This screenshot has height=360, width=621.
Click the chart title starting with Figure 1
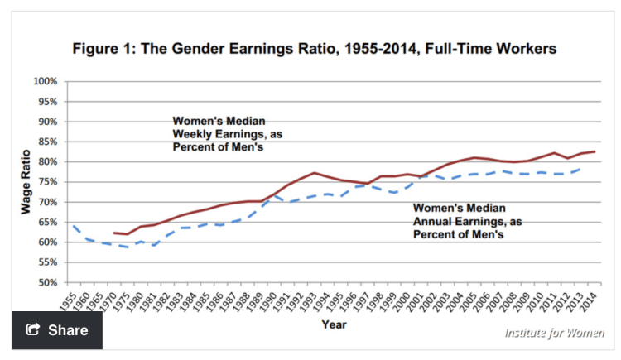(314, 49)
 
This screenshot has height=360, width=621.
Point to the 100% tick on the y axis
(45, 81)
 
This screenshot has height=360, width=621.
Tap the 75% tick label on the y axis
(46, 182)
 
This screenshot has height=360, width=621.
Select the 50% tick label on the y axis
(46, 282)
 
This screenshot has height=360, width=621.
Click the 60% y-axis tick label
(46, 242)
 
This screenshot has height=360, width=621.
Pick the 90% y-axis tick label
(46, 122)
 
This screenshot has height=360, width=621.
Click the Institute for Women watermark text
(554, 333)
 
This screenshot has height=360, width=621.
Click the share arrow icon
(33, 330)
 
